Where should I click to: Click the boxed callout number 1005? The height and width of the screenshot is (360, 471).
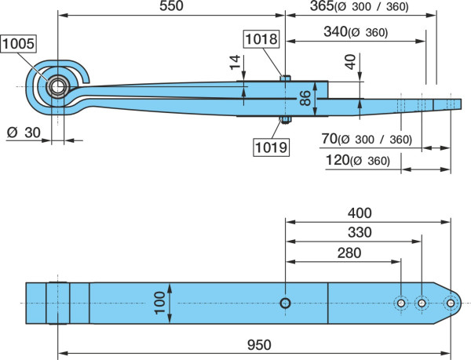18,44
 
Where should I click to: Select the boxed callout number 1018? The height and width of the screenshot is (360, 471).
261,39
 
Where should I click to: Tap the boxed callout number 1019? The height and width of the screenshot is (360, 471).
272,147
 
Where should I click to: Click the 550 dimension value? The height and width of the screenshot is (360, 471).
171,5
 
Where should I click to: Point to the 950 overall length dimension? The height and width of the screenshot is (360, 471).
259,345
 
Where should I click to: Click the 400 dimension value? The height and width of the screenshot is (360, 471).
360,213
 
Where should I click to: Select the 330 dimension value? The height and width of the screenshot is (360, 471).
360,232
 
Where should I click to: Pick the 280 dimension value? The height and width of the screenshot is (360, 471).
349,253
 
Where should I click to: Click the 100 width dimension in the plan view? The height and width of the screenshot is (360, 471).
159,303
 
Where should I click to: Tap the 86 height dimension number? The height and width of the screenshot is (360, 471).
305,98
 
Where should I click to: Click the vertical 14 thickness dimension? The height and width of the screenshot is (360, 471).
235,62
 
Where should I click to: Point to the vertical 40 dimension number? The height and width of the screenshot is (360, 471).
350,62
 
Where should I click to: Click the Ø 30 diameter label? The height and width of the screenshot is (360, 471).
24,133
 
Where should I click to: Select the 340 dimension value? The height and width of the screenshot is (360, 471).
335,31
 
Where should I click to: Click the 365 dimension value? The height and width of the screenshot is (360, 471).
322,5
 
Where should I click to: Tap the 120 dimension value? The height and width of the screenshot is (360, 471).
338,160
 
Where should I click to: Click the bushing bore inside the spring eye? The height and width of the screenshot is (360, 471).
57,87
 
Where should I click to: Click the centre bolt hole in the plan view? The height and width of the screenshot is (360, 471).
285,303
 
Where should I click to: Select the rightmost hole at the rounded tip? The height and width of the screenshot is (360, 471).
451,303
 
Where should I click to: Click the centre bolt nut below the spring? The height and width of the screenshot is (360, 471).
286,120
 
